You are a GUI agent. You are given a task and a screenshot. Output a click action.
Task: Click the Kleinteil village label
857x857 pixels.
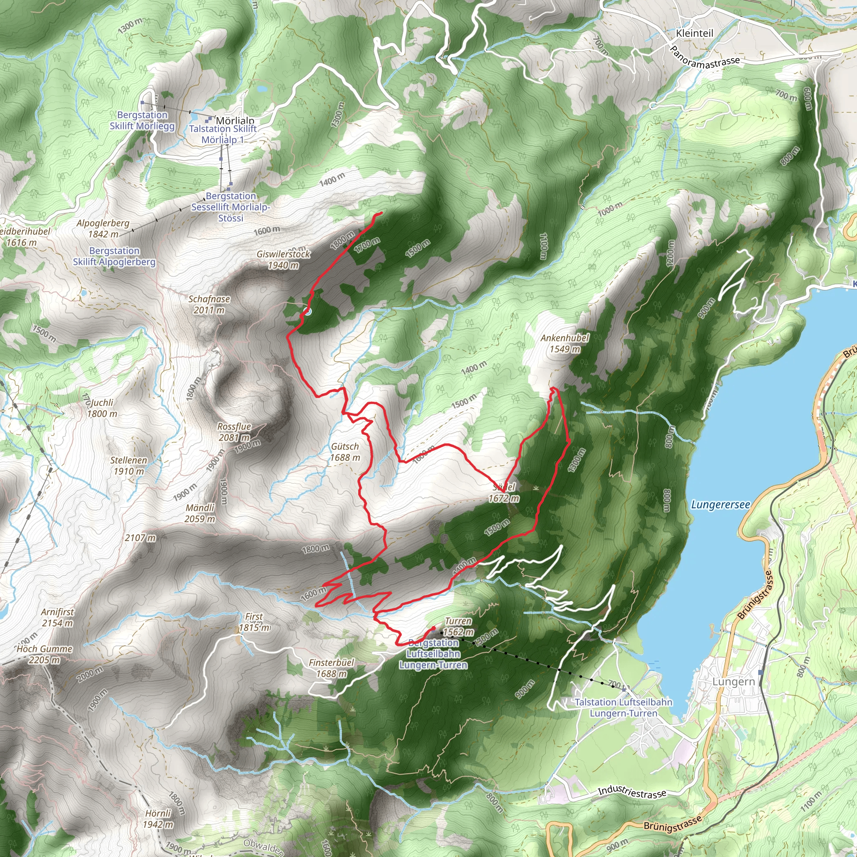coord(695,33)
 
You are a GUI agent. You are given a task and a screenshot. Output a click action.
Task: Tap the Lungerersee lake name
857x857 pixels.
coord(721,505)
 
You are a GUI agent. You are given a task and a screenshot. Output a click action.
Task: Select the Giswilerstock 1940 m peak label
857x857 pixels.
coord(283,260)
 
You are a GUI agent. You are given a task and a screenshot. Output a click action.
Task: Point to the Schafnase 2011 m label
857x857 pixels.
coord(209,304)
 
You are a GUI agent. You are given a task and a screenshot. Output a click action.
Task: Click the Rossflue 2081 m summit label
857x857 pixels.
coord(234,432)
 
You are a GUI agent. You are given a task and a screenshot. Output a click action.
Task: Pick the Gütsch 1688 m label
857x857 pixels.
coord(345,452)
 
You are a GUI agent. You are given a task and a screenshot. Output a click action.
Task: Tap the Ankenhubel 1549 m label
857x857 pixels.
coord(564,343)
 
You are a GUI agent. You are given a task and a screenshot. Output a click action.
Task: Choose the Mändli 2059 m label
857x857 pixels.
coord(200,513)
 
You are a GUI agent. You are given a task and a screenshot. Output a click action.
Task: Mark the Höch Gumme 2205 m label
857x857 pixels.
coord(44,654)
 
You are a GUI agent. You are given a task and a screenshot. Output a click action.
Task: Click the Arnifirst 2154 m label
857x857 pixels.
coord(58,617)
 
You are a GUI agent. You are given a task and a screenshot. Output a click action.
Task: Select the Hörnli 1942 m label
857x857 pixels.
coord(158,819)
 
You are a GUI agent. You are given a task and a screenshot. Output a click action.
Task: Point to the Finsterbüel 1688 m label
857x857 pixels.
coord(331,668)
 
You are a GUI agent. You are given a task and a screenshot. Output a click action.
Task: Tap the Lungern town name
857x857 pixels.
coord(733,682)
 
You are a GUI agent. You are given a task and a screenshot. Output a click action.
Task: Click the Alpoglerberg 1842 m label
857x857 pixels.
coord(103,228)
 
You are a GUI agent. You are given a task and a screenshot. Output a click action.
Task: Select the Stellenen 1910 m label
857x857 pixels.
coord(128,466)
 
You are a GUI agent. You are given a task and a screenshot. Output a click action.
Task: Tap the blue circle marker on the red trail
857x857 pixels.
coord(308,311)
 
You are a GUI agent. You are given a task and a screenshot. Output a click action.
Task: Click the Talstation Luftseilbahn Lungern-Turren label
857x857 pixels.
coord(623,708)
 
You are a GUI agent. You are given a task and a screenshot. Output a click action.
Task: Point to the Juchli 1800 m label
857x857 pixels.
coord(103,408)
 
